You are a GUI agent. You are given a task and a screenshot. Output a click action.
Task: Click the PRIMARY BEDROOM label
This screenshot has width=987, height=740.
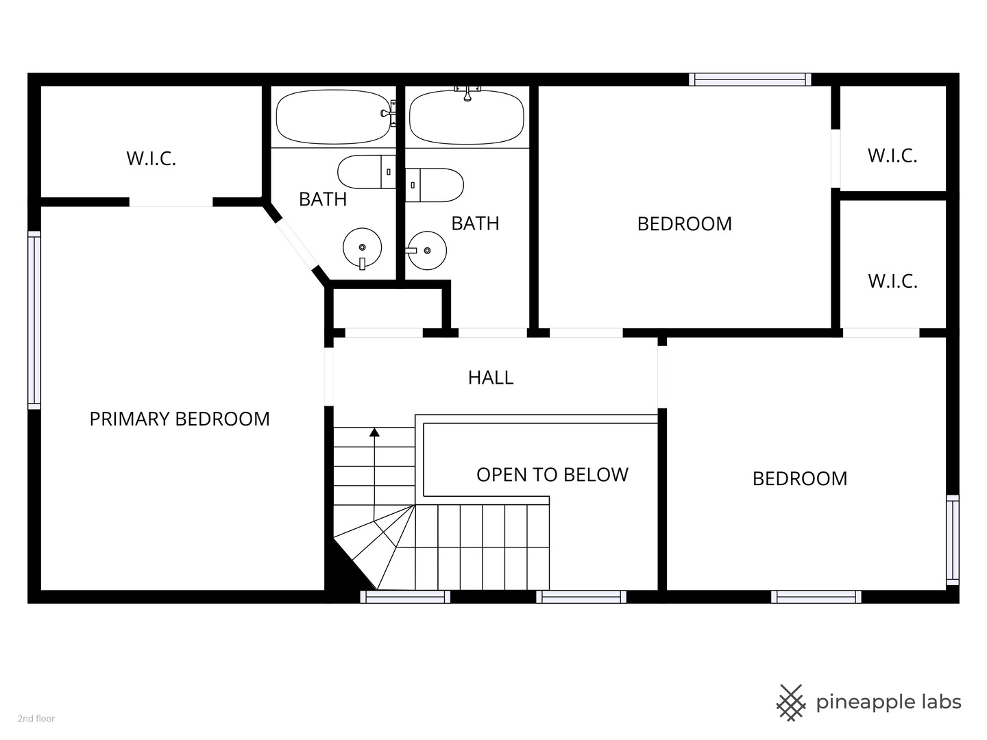[180, 419]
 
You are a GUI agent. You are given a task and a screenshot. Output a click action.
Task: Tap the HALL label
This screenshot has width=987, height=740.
[491, 378]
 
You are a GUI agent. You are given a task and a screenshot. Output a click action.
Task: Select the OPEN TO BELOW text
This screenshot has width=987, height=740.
[552, 475]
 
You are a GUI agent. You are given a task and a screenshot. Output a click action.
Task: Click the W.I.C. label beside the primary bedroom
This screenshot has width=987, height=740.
[151, 158]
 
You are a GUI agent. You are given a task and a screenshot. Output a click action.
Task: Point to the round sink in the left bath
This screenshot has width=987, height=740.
[363, 248]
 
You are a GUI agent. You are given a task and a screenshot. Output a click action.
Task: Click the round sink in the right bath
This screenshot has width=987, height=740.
[426, 251]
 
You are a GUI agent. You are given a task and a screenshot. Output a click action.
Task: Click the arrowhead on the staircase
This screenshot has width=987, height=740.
[374, 432]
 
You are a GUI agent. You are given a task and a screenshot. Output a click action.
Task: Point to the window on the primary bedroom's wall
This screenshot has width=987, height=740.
[34, 321]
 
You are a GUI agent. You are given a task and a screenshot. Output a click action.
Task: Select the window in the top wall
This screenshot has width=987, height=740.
[750, 79]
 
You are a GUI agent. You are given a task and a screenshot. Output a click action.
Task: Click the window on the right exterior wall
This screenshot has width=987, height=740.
[952, 540]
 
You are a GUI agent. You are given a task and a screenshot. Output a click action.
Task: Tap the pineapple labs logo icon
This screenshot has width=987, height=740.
[791, 703]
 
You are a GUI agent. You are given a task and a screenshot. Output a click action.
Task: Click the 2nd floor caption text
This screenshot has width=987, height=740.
[36, 719]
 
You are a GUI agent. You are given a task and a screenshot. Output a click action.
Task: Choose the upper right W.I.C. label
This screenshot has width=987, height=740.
[892, 156]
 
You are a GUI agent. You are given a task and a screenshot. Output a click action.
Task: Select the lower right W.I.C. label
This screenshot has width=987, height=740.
[892, 281]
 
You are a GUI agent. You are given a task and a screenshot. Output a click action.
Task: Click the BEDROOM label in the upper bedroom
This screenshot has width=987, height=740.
[684, 224]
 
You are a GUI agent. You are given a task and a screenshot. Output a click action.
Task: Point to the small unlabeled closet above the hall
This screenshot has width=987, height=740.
[388, 308]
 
